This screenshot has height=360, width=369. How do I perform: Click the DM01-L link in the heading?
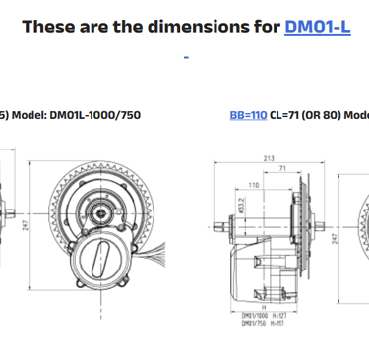pos(317,27)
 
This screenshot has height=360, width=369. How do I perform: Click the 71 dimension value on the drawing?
pos(282,169)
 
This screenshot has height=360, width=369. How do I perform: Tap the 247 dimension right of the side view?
pos(335,238)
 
